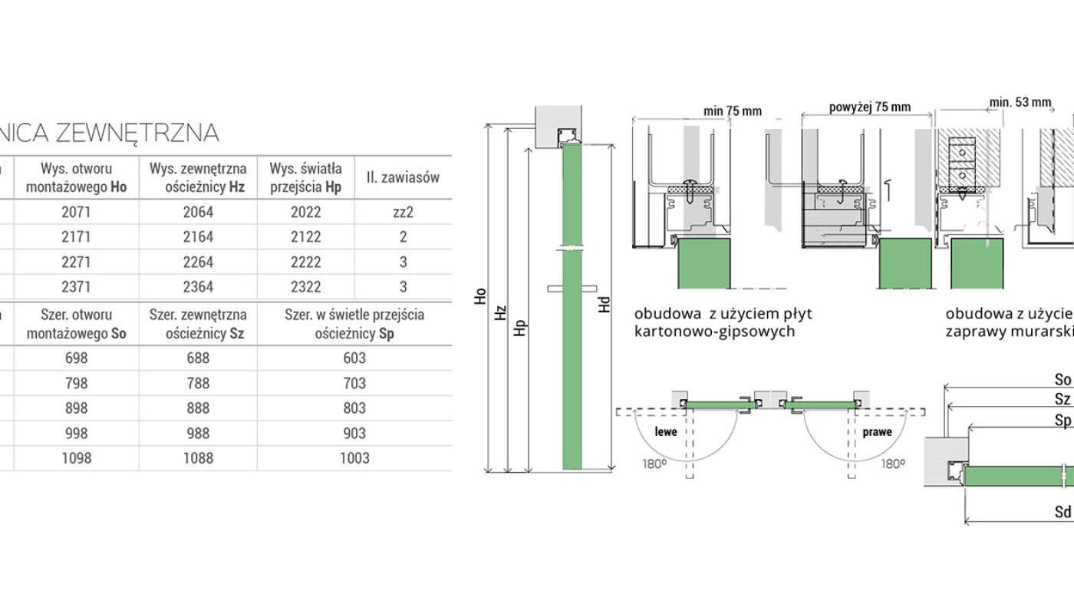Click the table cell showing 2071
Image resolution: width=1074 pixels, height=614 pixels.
76,212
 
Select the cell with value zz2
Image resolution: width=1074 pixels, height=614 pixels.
403,212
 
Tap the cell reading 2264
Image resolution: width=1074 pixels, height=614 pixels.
198,262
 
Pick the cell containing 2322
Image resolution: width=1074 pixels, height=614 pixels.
306,287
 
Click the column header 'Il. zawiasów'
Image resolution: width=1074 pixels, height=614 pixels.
403,177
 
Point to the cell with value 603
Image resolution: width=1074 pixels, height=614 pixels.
354,358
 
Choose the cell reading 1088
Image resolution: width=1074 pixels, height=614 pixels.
198,458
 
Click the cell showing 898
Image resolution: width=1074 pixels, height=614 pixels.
76,408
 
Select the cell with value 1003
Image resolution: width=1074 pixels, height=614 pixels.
354,458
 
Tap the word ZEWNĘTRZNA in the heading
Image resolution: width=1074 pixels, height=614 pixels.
137,134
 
